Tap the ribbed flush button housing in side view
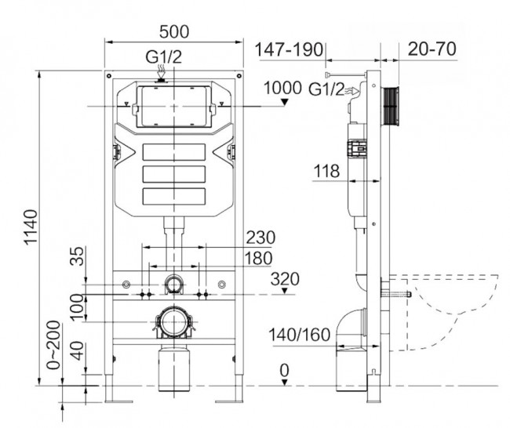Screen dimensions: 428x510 point(390,103)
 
